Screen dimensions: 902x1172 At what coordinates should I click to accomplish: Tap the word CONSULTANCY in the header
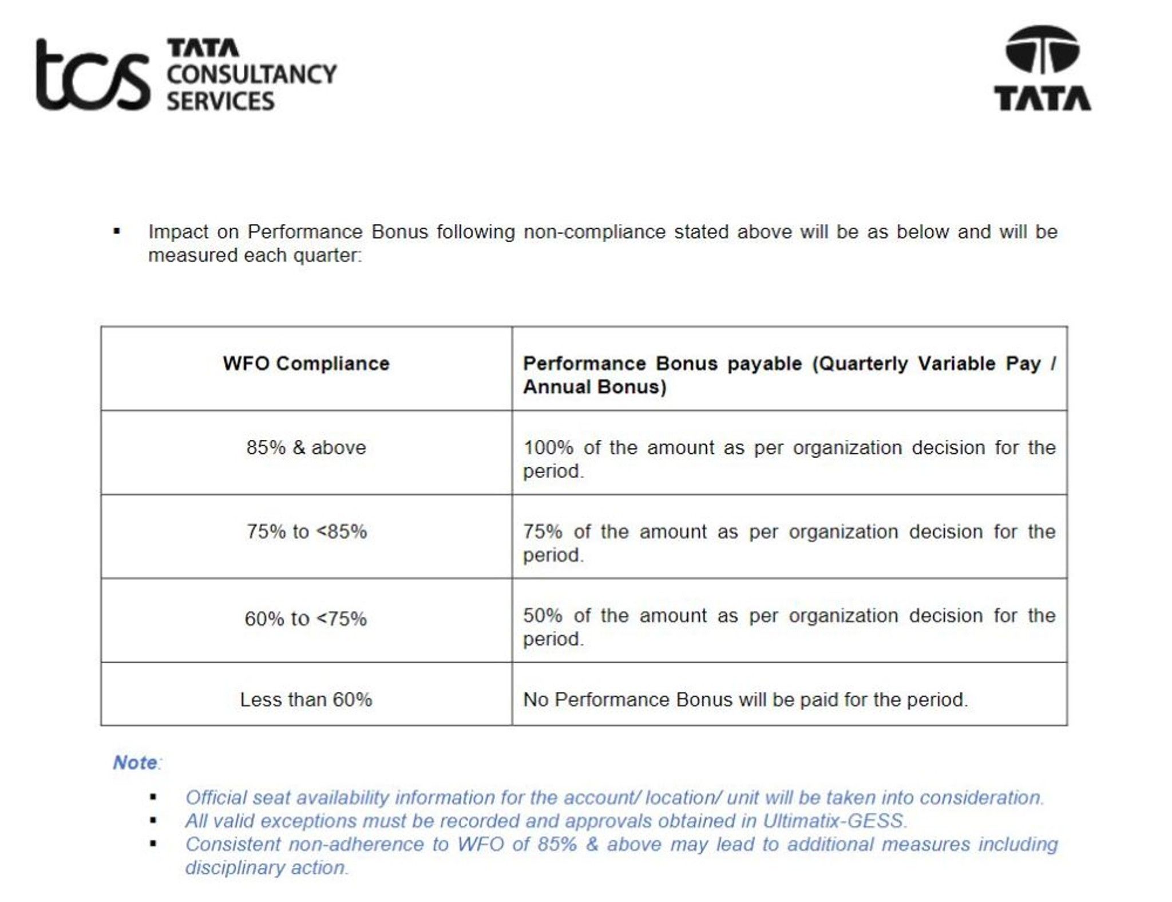coord(251,74)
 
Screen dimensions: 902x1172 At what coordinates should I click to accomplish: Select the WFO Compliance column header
coord(306,364)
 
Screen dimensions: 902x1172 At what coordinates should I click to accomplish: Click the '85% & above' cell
coord(306,447)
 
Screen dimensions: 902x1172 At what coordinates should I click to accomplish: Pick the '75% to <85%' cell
coord(306,531)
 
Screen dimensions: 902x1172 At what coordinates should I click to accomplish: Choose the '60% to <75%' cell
coord(306,619)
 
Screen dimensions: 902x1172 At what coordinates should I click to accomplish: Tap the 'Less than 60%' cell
coord(306,699)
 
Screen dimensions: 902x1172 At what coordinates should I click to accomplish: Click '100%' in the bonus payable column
coord(548,447)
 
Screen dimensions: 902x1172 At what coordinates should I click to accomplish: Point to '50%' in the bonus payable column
coord(543,616)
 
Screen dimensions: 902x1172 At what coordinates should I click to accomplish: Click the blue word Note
coord(135,762)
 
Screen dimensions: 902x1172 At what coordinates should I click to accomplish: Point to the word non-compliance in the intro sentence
coord(595,232)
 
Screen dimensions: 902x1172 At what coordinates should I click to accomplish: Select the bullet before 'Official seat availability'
coord(153,797)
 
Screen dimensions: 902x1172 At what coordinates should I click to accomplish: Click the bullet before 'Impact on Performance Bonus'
coord(117,231)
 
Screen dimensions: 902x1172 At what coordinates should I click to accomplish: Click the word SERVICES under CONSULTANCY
coord(220,101)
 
